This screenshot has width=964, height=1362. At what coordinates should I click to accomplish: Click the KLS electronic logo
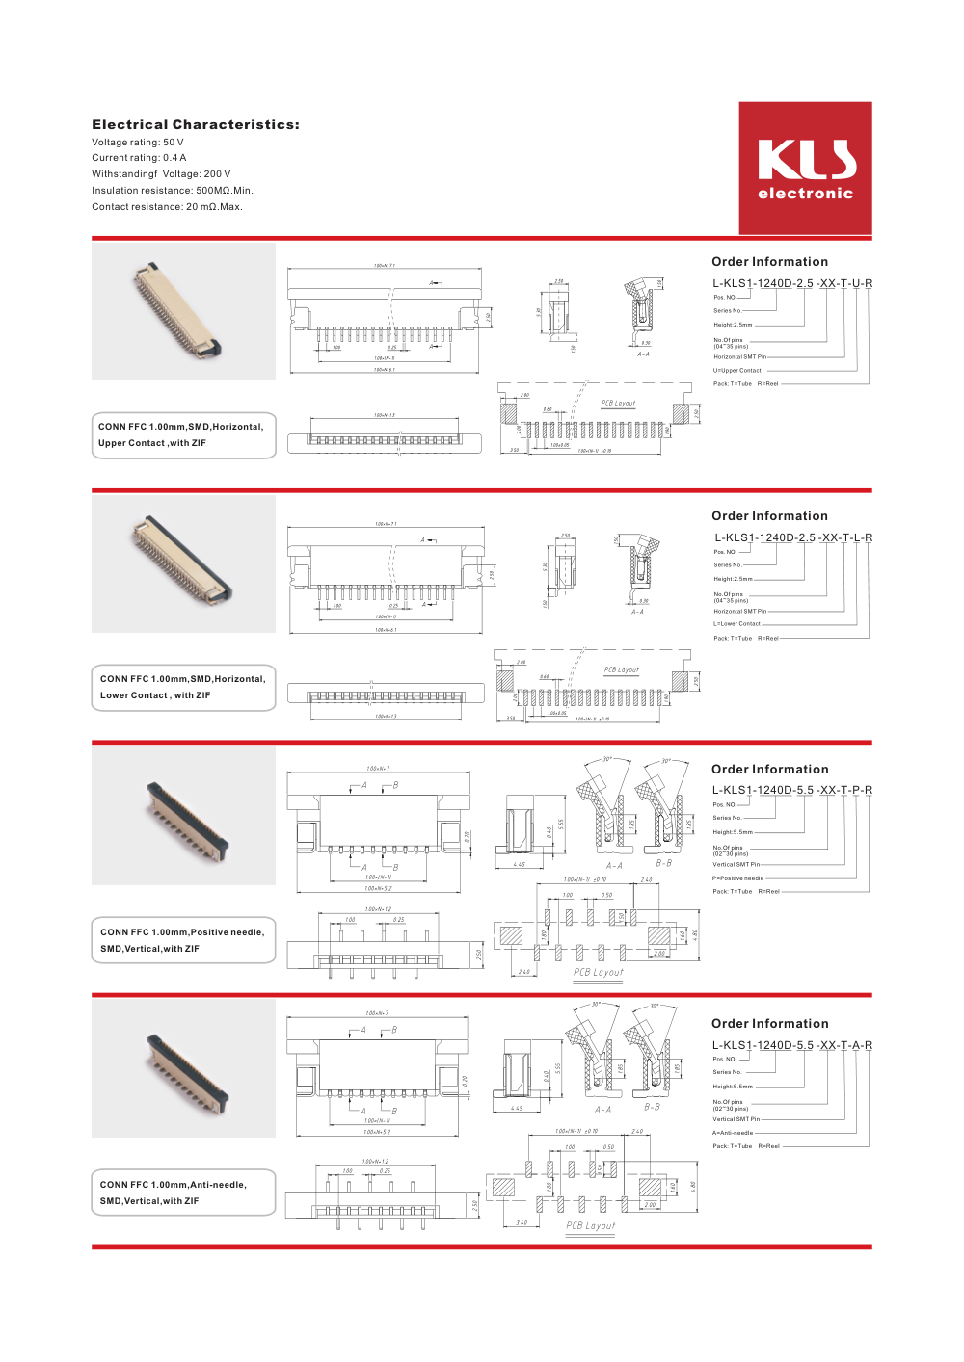[x=805, y=169]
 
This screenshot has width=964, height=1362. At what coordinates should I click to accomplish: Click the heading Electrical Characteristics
[x=196, y=125]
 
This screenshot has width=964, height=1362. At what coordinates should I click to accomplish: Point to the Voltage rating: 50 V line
[x=138, y=143]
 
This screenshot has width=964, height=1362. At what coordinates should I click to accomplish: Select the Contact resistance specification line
[x=167, y=207]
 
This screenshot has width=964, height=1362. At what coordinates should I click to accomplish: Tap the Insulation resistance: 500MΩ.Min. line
[x=173, y=191]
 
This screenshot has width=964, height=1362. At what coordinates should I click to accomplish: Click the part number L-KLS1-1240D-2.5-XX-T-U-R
[x=792, y=283]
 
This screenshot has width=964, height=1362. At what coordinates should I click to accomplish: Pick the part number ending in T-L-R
[x=793, y=537]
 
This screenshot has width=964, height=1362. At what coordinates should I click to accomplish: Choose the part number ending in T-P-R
[x=792, y=790]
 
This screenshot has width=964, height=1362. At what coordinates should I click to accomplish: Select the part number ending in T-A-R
[x=792, y=1045]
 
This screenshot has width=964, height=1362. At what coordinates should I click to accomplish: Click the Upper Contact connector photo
[x=183, y=311]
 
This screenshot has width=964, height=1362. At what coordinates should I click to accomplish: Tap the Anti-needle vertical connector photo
[x=183, y=1068]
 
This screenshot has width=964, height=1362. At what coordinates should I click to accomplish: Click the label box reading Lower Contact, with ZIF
[x=183, y=688]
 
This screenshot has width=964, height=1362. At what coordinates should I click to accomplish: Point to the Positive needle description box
[x=183, y=940]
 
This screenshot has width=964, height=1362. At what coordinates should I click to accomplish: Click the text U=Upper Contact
[x=737, y=371]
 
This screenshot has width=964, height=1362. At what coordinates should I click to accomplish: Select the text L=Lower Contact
[x=737, y=624]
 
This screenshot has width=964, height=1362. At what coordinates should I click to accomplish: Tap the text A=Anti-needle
[x=733, y=1133]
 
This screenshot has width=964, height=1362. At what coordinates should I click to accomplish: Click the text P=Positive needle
[x=737, y=878]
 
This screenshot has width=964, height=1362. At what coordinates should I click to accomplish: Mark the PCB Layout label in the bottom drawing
[x=591, y=1226]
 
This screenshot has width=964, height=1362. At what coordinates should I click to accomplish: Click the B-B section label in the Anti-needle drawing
[x=653, y=1108]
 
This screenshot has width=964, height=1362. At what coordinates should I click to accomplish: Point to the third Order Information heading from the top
[x=770, y=770]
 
